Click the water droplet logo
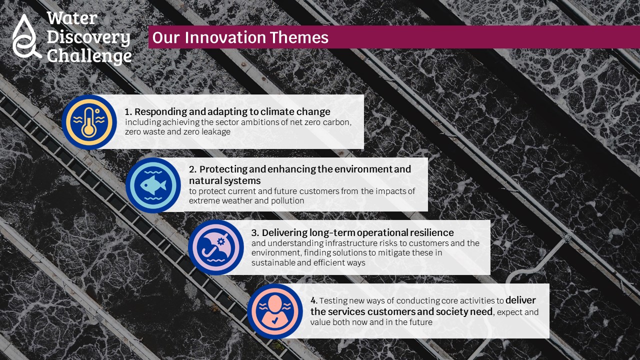(25, 36)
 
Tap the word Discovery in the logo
(88, 37)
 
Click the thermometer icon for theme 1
(89, 122)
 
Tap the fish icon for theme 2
(153, 185)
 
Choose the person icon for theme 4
(275, 311)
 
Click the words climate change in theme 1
(295, 111)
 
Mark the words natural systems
(225, 181)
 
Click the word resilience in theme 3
(432, 232)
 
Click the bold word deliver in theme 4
(520, 300)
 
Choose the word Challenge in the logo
(89, 56)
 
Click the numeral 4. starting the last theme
(313, 300)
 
